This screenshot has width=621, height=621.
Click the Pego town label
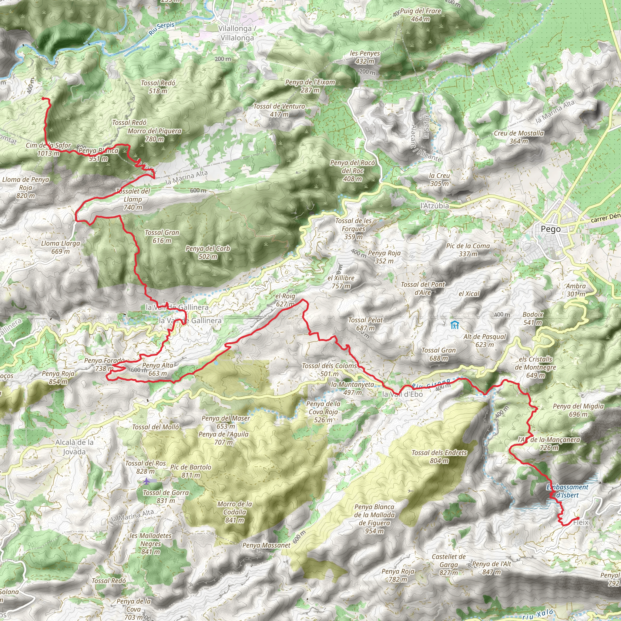[551, 229]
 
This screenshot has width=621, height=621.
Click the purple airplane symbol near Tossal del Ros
[147, 481]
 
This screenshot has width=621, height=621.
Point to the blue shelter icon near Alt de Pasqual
[455, 325]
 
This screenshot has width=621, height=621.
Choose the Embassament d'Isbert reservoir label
[567, 491]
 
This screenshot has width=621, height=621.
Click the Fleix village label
[581, 522]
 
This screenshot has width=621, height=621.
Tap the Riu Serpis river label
[162, 29]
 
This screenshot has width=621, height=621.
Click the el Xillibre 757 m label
[341, 282]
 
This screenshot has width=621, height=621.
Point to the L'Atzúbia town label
[435, 206]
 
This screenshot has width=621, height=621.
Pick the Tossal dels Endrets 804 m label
[439, 456]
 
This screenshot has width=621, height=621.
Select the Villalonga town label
[237, 33]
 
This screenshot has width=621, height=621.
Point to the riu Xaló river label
[537, 615]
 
